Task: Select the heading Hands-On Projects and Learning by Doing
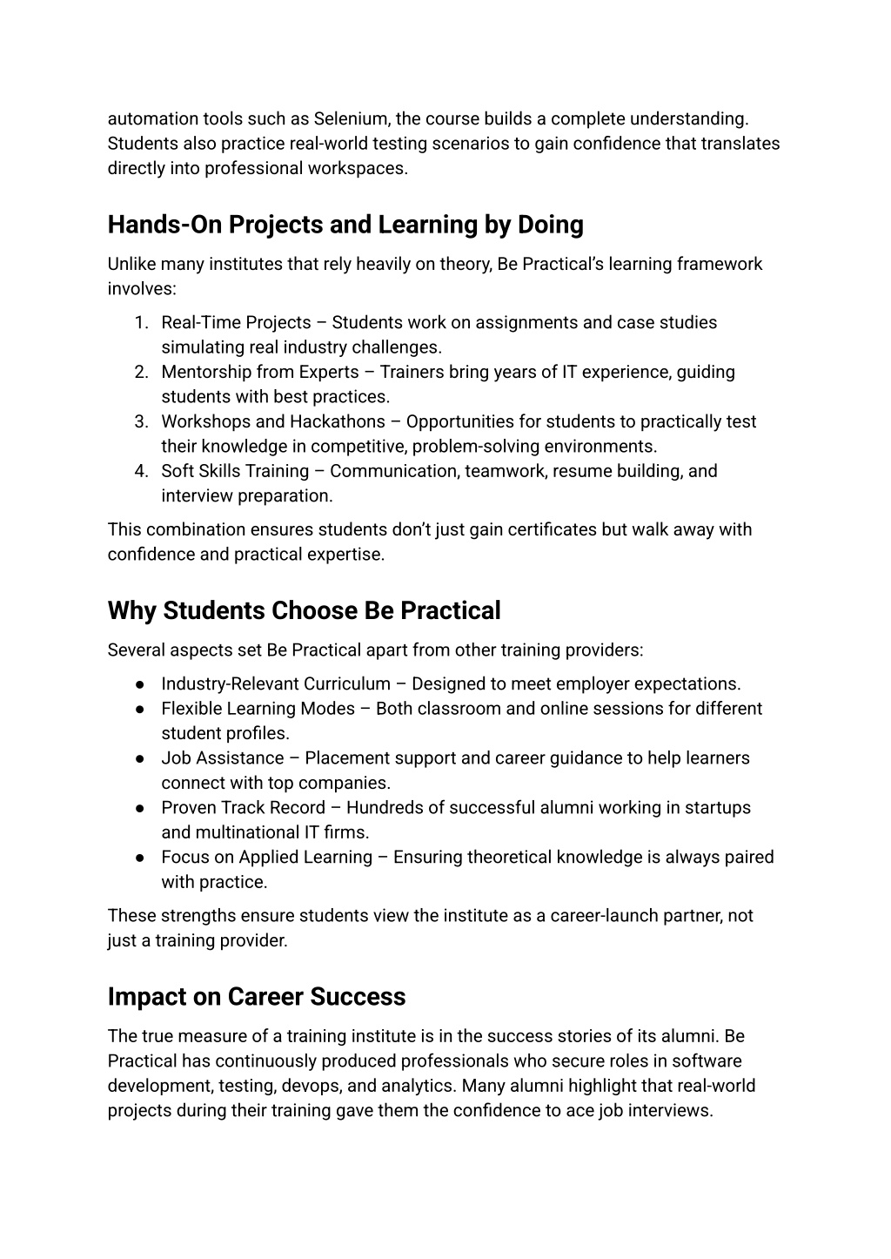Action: [345, 225]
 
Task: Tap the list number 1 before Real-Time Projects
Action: [140, 323]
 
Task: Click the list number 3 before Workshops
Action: [140, 422]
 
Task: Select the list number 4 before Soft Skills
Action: [140, 472]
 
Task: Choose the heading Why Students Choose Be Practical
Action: [304, 610]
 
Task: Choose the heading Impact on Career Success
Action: [257, 996]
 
